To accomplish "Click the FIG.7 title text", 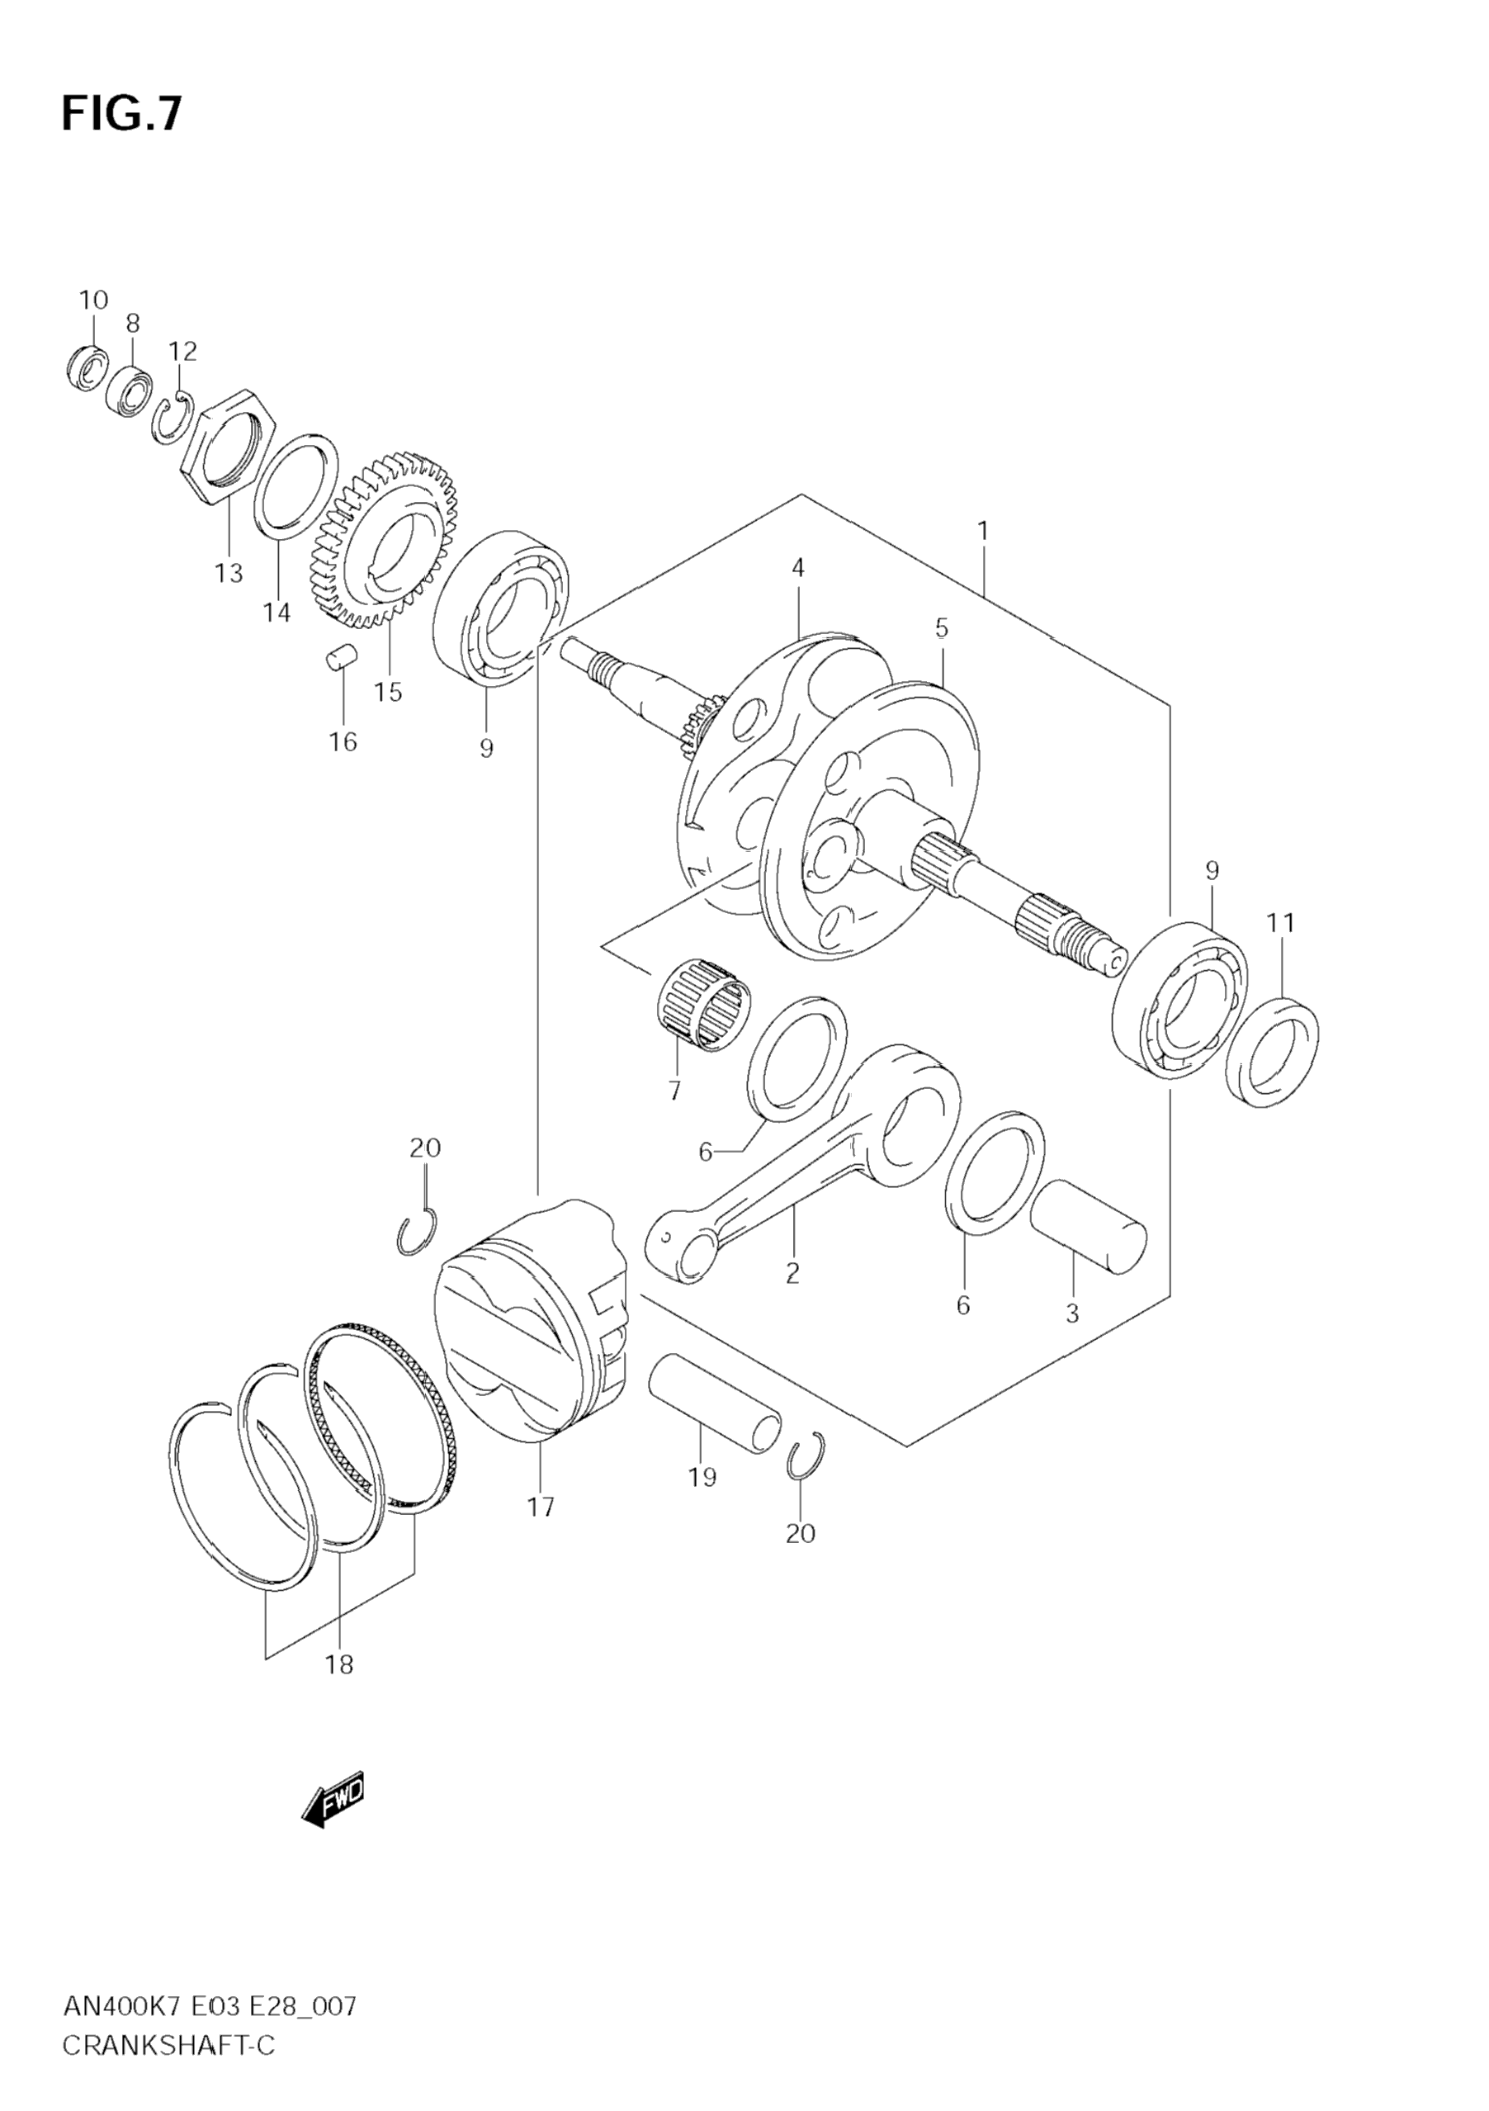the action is tap(121, 114).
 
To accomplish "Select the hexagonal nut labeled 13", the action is tap(227, 444).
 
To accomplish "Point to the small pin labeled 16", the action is tap(341, 660).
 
